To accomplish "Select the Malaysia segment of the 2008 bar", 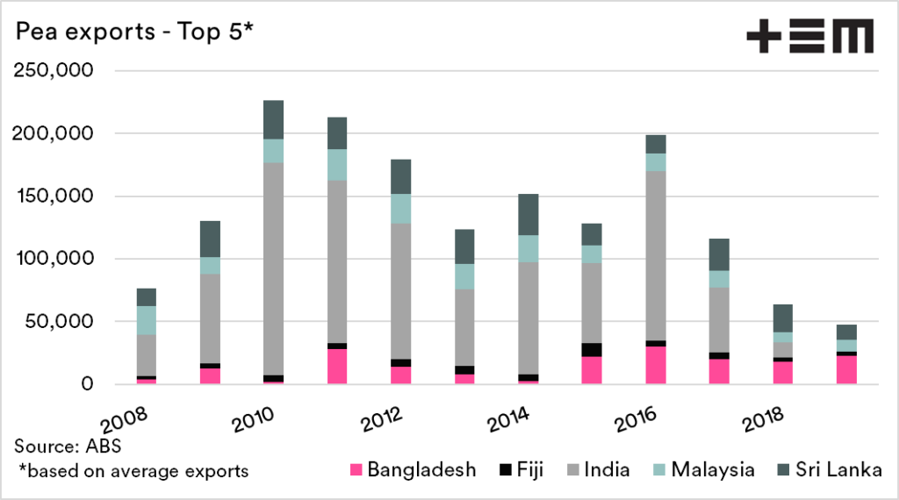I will click(146, 319).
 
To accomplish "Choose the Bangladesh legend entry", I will click(410, 469).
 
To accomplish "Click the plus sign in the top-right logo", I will click(763, 39).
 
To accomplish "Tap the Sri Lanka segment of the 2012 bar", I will click(400, 176).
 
